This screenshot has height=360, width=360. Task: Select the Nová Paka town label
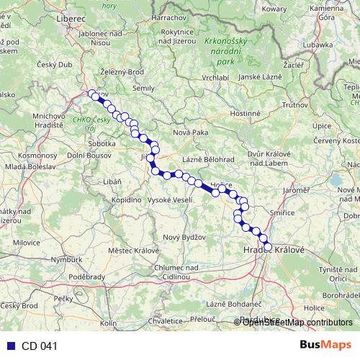190,132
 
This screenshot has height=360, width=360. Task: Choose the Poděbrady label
87,276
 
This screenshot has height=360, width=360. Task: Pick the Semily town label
143,88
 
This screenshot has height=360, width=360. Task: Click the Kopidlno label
125,198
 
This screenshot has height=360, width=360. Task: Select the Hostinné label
245,114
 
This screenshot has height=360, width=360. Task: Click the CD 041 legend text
39,346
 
